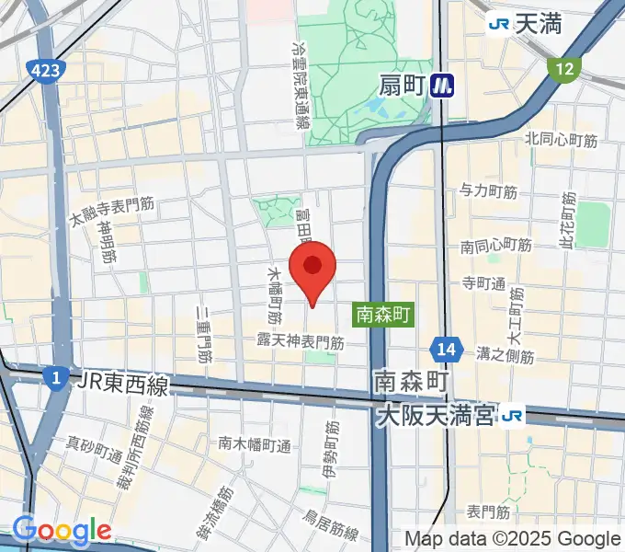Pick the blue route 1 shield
pos(56,377)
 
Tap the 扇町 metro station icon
pos(446,86)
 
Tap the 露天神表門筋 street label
pos(301,341)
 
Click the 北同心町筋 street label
pos(561,140)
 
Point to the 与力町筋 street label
pos(489,191)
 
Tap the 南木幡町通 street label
pos(255,444)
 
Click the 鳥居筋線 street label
pos(331,531)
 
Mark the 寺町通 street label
pos(484,283)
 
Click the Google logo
pos(62,531)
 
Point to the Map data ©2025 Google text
pos(513,538)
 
